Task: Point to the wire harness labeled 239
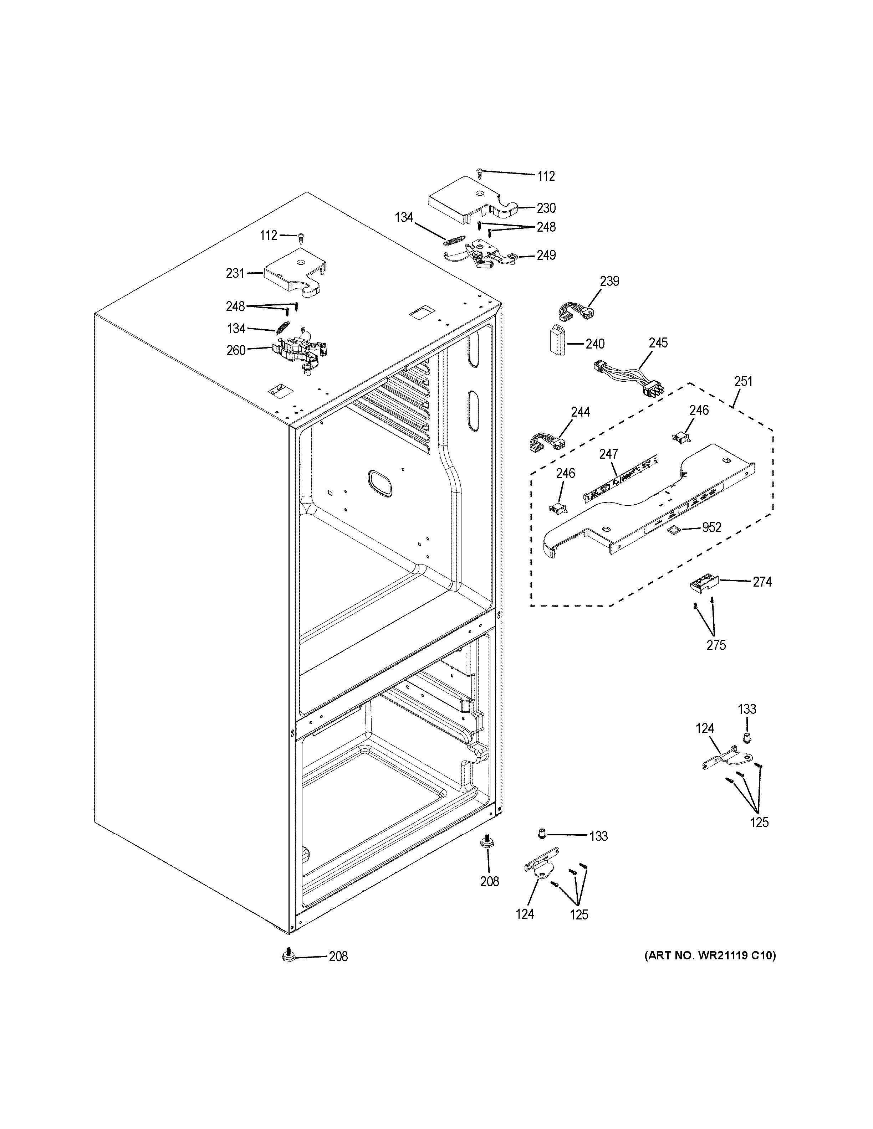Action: click(575, 312)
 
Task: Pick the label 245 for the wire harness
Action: click(658, 343)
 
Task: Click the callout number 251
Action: click(743, 382)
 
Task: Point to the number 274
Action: click(762, 582)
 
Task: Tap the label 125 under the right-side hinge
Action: click(759, 822)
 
